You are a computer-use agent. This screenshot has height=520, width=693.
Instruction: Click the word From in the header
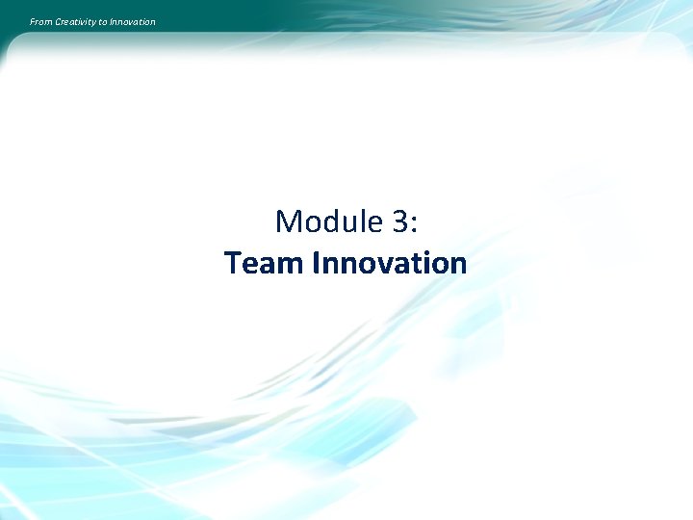[41, 22]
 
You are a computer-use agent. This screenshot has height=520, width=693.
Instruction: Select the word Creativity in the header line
[76, 22]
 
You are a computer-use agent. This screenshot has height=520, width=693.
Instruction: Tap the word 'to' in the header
[103, 22]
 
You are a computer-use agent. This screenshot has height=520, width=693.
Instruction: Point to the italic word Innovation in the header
[132, 22]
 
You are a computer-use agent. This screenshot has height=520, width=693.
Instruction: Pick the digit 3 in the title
[399, 222]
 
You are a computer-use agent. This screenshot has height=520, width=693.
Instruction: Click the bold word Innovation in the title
[390, 263]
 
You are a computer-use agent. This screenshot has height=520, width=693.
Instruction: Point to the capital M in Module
[288, 222]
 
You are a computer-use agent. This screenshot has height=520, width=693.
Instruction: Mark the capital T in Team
[233, 263]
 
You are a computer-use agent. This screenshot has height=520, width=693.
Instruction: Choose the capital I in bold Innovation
[317, 263]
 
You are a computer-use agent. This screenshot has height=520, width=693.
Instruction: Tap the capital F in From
[32, 22]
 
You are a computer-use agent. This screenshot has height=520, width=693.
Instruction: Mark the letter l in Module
[365, 221]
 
